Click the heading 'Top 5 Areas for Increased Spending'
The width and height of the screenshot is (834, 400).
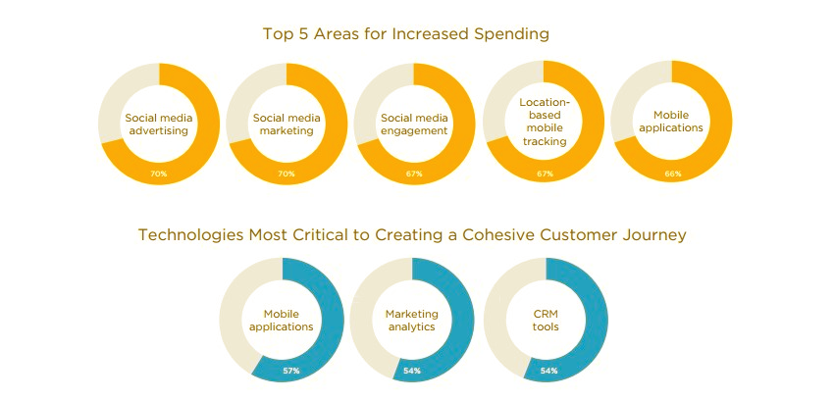click(x=405, y=33)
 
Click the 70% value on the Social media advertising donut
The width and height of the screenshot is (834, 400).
click(x=159, y=174)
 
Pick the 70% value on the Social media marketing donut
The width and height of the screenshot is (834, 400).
click(x=287, y=174)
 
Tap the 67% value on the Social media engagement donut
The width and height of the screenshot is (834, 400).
click(x=414, y=174)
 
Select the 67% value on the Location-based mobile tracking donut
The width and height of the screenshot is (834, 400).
click(x=545, y=174)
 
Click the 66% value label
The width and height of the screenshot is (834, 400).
click(x=672, y=174)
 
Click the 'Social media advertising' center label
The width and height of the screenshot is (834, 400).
click(x=159, y=124)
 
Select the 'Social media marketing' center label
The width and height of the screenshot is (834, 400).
click(x=287, y=124)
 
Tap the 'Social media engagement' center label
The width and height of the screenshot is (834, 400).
click(x=414, y=124)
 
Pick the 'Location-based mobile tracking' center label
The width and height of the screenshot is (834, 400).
click(x=545, y=122)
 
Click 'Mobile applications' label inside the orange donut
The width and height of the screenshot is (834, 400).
click(x=671, y=121)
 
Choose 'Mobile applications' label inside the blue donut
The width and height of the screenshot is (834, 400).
click(x=281, y=320)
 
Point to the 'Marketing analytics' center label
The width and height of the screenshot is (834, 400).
click(x=411, y=320)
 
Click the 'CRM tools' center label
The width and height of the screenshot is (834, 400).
click(x=546, y=320)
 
